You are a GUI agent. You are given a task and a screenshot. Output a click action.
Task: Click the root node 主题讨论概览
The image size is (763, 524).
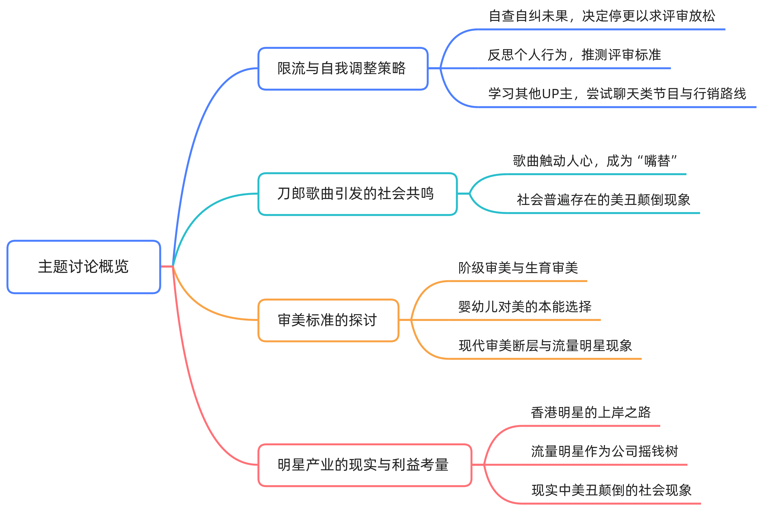click(x=83, y=267)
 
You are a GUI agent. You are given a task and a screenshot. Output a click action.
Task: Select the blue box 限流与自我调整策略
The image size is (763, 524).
click(x=343, y=69)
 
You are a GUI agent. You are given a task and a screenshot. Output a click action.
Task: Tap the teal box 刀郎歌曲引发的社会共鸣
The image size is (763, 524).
click(x=357, y=194)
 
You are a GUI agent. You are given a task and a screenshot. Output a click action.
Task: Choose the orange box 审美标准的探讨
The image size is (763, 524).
click(x=328, y=320)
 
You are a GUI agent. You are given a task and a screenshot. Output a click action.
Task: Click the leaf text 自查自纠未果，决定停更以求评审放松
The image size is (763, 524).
click(x=602, y=16)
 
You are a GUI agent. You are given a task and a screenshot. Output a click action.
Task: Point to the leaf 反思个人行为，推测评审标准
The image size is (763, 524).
click(x=574, y=55)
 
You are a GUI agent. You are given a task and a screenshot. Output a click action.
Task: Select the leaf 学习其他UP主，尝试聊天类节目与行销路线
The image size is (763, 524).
click(x=617, y=94)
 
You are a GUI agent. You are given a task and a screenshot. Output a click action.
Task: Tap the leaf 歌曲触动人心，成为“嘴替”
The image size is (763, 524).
click(x=595, y=161)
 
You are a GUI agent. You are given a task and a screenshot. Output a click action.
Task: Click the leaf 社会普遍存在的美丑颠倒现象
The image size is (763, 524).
click(x=603, y=200)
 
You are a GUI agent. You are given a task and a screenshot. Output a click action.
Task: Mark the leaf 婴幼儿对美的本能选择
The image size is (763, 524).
click(x=525, y=307)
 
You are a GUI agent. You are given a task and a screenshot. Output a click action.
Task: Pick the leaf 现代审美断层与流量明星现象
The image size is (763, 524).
click(x=545, y=346)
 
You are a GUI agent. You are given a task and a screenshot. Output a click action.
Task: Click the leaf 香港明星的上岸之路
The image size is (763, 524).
click(x=591, y=412)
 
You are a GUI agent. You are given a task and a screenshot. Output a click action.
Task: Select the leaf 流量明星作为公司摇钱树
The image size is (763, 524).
click(x=604, y=452)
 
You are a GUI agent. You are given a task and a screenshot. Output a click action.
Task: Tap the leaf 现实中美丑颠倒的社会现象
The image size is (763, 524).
click(x=611, y=490)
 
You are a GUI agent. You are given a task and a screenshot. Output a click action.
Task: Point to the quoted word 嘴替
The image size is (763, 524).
click(x=657, y=161)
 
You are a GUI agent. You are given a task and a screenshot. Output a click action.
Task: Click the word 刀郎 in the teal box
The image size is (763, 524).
click(x=291, y=194)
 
